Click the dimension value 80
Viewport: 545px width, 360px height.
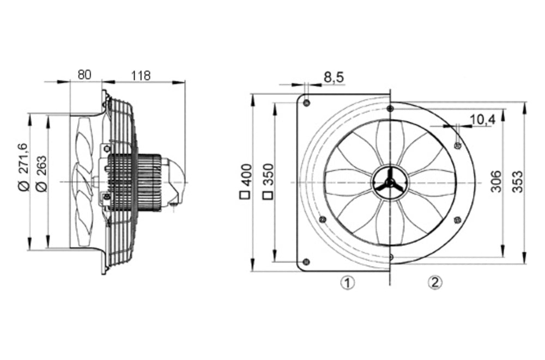tap(84, 75)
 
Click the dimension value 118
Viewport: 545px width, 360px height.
tap(141, 75)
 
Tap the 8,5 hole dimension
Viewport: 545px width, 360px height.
tap(334, 78)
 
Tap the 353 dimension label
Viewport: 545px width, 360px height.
tap(517, 181)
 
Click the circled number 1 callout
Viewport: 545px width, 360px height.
tap(347, 283)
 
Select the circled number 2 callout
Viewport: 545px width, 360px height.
tap(434, 282)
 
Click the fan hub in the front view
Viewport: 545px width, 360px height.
tap(389, 182)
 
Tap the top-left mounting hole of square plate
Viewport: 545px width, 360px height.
tap(306, 103)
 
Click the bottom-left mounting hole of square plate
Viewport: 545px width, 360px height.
tap(306, 261)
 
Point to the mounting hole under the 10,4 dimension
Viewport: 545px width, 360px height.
tap(457, 145)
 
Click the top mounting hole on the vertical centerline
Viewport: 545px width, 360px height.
tap(390, 109)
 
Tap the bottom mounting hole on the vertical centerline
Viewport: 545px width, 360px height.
tap(390, 255)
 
